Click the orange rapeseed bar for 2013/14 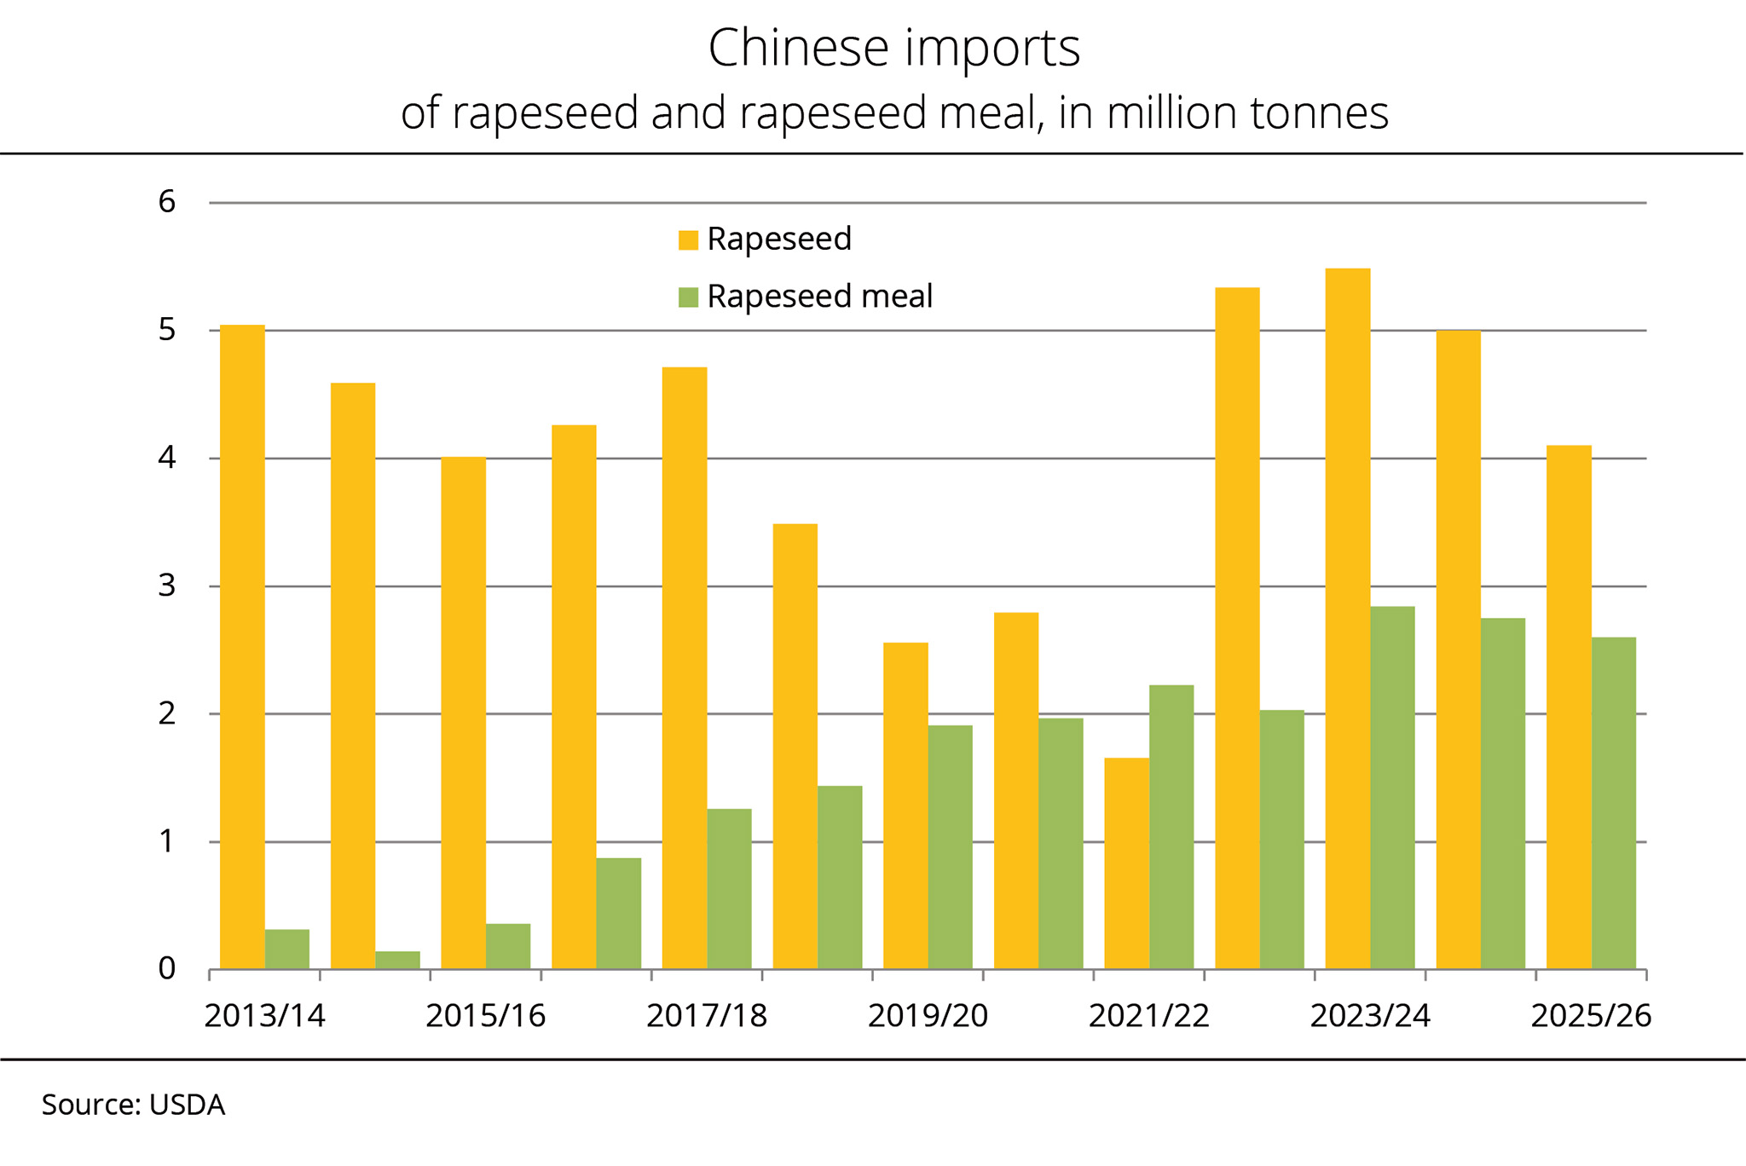tap(242, 648)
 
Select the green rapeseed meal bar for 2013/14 tap(287, 950)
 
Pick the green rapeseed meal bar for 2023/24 tap(1392, 788)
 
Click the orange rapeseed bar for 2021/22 tap(1126, 863)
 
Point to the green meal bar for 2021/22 tap(1171, 828)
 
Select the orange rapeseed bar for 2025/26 tap(1569, 707)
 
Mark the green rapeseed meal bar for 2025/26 tap(1614, 804)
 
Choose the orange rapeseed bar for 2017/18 tap(685, 668)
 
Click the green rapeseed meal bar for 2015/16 tap(508, 947)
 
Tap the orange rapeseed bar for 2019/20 tap(905, 806)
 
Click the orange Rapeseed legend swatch tap(688, 240)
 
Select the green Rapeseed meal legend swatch tap(688, 297)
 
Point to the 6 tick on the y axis tap(167, 202)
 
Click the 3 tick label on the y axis tap(167, 586)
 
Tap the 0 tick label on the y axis tap(167, 969)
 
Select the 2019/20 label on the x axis tap(928, 1016)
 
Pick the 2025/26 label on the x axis tap(1591, 1016)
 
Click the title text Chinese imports tap(893, 49)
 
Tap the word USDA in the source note tap(187, 1105)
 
